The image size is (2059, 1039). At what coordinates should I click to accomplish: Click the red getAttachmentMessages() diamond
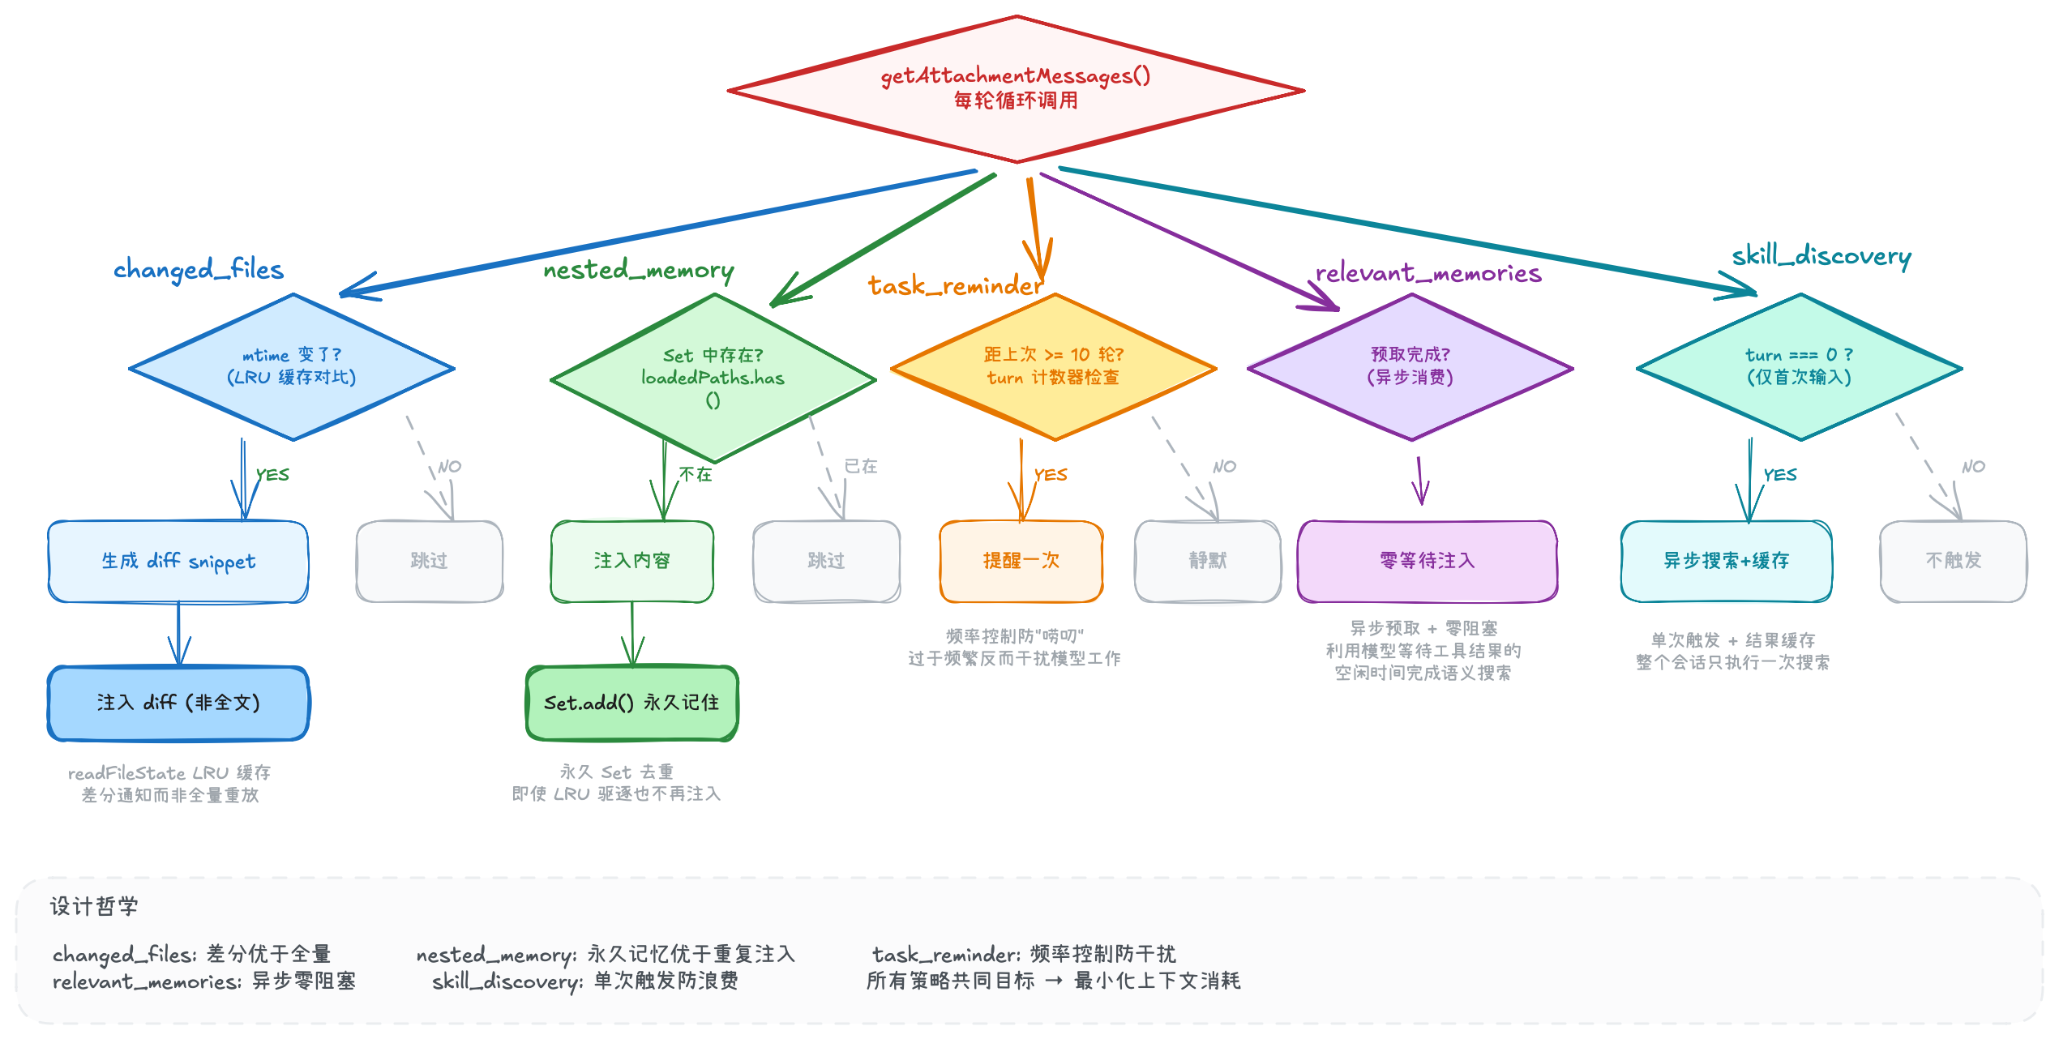coord(1016,89)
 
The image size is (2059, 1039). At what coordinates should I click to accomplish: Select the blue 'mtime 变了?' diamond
coord(292,367)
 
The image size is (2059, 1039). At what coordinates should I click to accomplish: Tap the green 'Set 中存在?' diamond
coord(713,378)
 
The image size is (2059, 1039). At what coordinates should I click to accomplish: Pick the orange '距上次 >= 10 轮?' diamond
coord(1054,367)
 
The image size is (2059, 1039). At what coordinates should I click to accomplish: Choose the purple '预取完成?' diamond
coord(1410,367)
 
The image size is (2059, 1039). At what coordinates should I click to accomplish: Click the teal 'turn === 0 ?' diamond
coord(1800,367)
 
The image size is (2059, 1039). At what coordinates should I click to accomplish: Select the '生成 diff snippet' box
coord(178,561)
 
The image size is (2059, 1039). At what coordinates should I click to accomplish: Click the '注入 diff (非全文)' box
coord(178,703)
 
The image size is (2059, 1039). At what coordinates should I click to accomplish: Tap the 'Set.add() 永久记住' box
coord(631,703)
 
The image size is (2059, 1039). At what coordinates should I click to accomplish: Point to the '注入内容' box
coord(631,561)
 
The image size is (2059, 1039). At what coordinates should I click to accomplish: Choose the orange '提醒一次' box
coord(1021,561)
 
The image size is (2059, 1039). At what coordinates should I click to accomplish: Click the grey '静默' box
coord(1208,561)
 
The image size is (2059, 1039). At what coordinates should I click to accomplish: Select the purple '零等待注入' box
coord(1427,561)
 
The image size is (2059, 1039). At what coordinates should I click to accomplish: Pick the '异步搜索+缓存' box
coord(1727,561)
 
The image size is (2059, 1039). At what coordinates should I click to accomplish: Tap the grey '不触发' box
coord(1954,561)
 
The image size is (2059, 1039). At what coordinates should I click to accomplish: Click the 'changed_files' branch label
coord(199,269)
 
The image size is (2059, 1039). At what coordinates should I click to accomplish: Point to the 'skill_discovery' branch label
coord(1821,256)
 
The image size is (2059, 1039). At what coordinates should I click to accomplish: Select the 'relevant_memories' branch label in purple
coord(1428,273)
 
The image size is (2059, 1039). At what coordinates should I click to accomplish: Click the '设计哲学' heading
coord(94,906)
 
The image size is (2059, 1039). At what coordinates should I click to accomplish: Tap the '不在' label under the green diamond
coord(696,474)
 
